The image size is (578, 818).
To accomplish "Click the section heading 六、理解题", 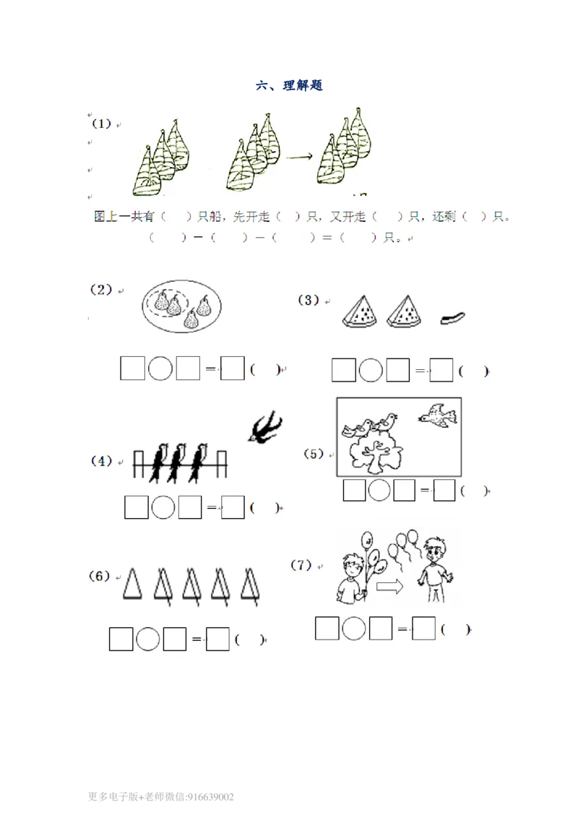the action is point(289,85).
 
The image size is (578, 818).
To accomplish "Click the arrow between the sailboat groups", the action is point(300,156).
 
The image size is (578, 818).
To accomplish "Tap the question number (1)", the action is point(102,124).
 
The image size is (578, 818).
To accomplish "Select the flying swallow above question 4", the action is point(265,427).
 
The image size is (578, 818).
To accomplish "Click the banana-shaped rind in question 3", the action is point(452,318).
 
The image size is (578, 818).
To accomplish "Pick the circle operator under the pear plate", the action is point(160,369).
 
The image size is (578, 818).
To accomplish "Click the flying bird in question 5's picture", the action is point(438,416).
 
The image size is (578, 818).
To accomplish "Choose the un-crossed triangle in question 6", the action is point(132,583).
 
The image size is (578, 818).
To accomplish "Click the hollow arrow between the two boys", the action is point(390,587).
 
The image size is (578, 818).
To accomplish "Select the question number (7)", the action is point(301,565).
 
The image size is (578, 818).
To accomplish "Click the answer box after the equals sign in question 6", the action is point(217,639).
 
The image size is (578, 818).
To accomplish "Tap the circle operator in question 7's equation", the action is point(354,628).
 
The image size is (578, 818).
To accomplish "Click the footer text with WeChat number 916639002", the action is point(160,796).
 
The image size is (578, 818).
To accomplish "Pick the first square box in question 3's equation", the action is point(343,370).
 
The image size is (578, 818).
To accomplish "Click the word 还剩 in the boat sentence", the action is point(444,216).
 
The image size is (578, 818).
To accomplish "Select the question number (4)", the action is point(102,460).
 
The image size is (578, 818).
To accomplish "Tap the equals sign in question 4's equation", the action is point(211,507).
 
